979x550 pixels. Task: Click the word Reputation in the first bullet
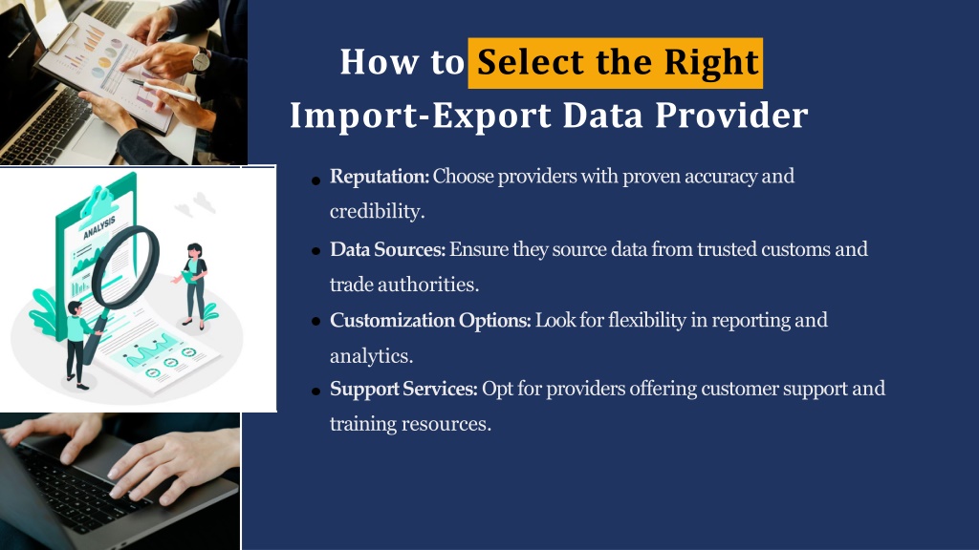380,177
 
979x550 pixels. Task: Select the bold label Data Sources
387,249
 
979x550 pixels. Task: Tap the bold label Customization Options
430,321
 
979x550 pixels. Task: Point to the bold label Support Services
403,390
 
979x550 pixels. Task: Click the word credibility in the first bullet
377,212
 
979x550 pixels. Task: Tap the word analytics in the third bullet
372,357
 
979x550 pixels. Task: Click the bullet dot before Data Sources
315,251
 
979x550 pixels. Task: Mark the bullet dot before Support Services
315,391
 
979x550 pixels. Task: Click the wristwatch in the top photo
201,60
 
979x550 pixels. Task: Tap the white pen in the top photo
164,91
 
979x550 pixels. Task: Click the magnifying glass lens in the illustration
125,266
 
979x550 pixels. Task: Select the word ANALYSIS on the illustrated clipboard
99,227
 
